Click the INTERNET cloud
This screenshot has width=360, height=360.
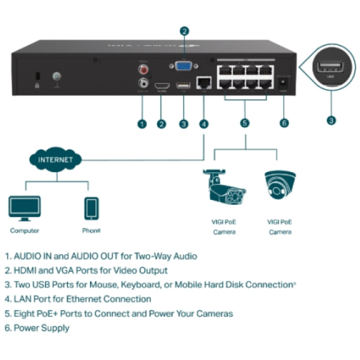tap(55, 160)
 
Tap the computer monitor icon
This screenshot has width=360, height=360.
tap(24, 208)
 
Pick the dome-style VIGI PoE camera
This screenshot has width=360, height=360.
tap(279, 184)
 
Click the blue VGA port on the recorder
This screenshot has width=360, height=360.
tap(184, 67)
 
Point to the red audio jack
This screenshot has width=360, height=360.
tap(143, 70)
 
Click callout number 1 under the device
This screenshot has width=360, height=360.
tap(142, 124)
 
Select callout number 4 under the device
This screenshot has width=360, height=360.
tap(204, 124)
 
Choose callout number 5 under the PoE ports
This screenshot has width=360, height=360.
tap(245, 124)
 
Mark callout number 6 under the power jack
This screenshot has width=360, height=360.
tap(284, 123)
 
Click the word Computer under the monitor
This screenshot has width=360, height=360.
tap(25, 230)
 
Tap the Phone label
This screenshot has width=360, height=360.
tap(91, 230)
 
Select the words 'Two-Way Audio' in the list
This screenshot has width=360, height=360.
tap(170, 256)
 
